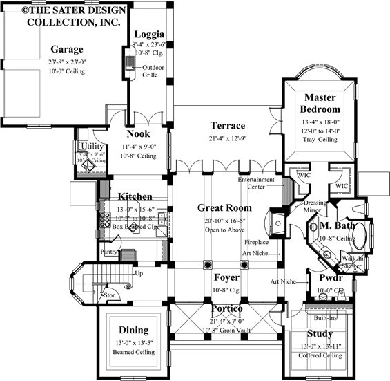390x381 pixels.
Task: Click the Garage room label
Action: tap(67, 50)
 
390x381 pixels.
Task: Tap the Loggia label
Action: tap(149, 35)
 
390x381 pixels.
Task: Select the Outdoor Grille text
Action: tap(153, 71)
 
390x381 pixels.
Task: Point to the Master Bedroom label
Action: tap(321, 103)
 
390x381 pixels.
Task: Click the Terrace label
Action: tap(228, 126)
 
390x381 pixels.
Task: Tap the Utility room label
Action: tap(91, 147)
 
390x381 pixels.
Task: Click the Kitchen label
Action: tap(135, 197)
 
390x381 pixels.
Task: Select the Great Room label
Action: tap(224, 207)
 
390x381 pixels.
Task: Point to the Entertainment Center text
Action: tap(256, 183)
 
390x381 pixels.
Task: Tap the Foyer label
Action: tap(226, 278)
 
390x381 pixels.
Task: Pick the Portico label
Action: tap(226, 307)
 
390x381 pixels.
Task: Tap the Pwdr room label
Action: tap(330, 278)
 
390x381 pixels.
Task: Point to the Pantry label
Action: tap(109, 252)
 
